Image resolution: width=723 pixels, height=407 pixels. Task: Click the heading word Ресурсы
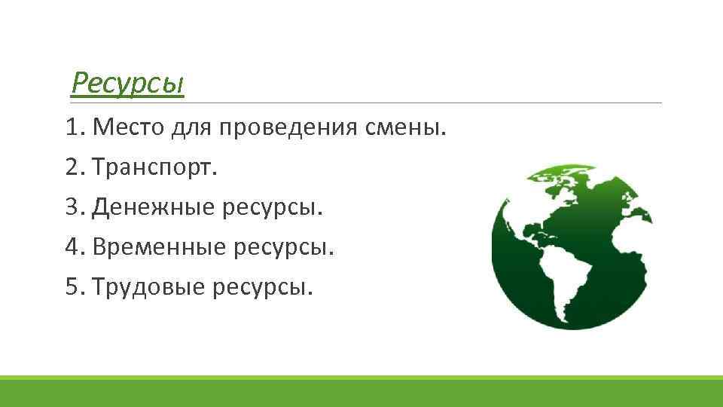tap(127, 84)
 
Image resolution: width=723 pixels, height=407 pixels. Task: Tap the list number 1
tap(72, 127)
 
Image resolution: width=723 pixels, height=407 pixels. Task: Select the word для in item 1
tap(191, 128)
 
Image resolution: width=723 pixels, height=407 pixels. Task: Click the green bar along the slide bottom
tap(361, 391)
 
